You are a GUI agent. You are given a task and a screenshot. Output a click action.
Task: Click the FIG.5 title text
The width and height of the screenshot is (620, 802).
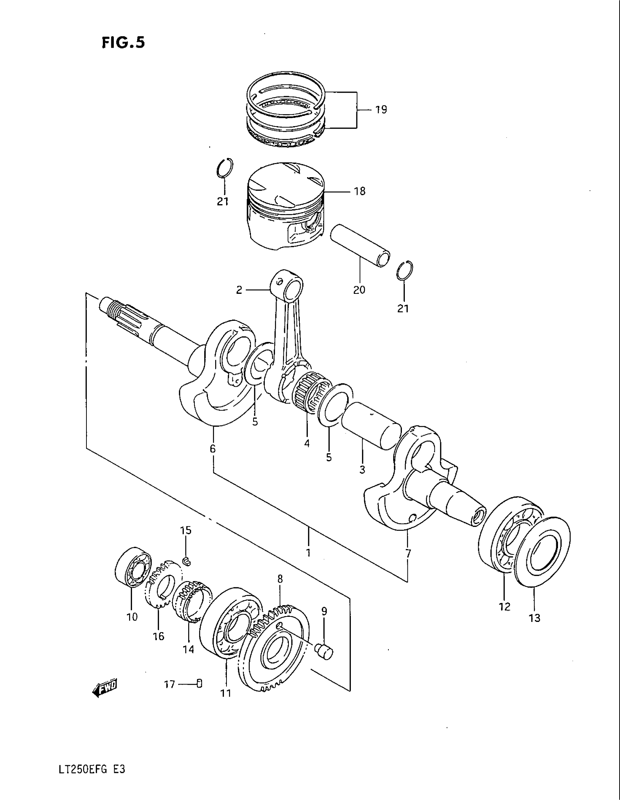pyautogui.click(x=123, y=43)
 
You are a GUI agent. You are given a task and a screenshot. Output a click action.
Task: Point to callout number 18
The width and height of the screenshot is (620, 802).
pyautogui.click(x=360, y=191)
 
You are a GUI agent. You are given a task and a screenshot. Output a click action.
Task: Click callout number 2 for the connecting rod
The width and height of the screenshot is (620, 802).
pyautogui.click(x=239, y=290)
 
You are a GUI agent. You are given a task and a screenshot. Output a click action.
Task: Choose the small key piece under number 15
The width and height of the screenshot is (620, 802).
pyautogui.click(x=187, y=560)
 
